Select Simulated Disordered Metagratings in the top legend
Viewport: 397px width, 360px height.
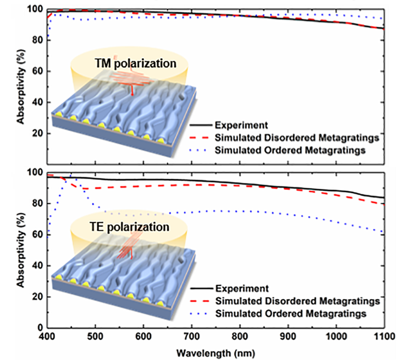pos(297,137)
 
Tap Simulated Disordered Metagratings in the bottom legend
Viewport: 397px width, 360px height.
pos(297,301)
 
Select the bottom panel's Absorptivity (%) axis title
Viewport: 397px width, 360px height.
pos(20,250)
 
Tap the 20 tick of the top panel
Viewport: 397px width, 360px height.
pos(37,133)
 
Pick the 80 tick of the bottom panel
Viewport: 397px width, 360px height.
pos(37,203)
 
